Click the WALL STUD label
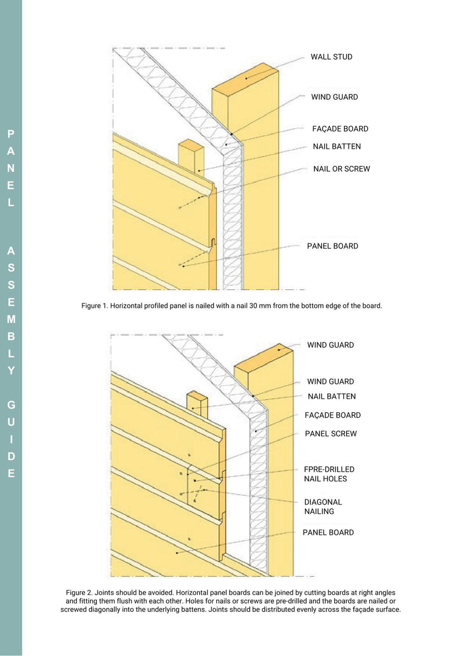click(x=331, y=57)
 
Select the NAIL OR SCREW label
click(x=341, y=169)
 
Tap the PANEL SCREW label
click(x=331, y=433)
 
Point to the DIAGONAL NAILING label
click(x=323, y=506)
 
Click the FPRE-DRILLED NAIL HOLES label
click(x=329, y=474)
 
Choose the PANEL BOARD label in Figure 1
click(x=332, y=246)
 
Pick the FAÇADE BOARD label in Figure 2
click(x=332, y=415)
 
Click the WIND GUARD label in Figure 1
click(x=334, y=97)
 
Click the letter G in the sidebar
click(x=11, y=405)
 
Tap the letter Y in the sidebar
click(x=11, y=371)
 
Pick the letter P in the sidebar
click(x=11, y=134)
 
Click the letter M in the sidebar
click(x=11, y=319)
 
